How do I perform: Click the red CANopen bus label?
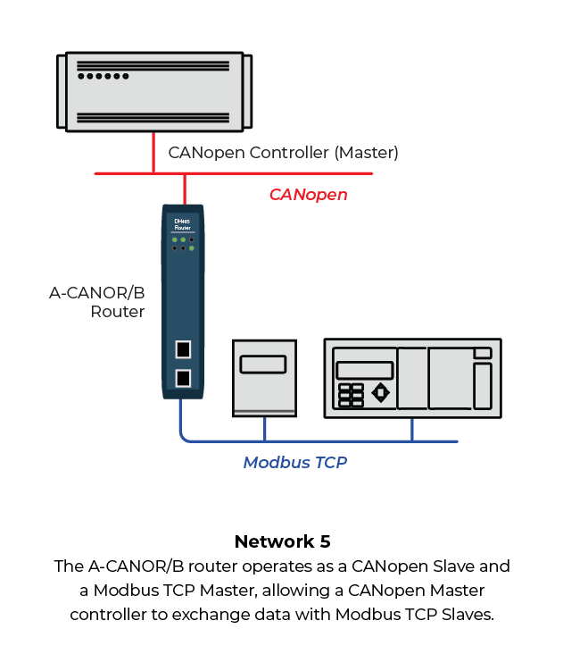coord(308,194)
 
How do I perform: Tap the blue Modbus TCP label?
coord(294,462)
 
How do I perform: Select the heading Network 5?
coord(281,541)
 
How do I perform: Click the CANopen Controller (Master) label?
coord(283,153)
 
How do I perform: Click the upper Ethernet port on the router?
coord(183,349)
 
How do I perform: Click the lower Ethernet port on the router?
coord(183,377)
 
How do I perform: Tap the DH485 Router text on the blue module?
coord(183,226)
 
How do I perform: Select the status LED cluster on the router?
coord(183,244)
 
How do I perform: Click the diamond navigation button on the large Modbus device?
coord(380,392)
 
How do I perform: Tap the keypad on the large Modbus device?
coord(352,394)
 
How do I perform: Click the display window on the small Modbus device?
coord(263,364)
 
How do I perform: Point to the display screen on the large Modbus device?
coord(364,369)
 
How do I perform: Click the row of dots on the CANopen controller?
coord(103,77)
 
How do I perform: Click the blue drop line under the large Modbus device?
coord(411,430)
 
